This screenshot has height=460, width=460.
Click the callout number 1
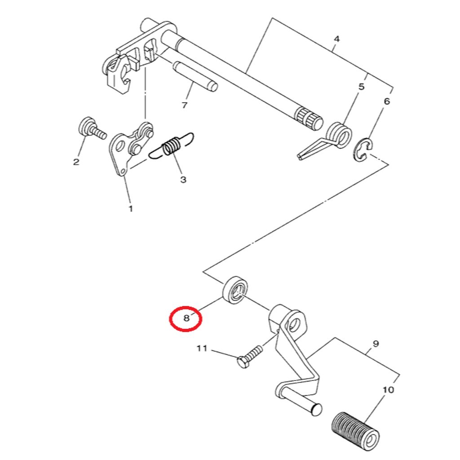(x=131, y=208)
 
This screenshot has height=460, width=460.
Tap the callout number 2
(x=76, y=161)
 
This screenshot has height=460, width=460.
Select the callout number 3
(x=183, y=180)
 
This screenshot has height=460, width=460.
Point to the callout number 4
(x=336, y=39)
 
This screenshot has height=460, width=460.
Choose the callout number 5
(x=362, y=87)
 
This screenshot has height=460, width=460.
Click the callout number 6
(x=387, y=101)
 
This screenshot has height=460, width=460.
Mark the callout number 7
(x=184, y=105)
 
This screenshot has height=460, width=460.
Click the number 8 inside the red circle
(x=186, y=318)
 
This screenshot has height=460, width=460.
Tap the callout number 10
(x=389, y=389)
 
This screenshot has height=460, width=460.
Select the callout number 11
(x=202, y=348)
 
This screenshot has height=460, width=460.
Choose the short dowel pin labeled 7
(x=195, y=75)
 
